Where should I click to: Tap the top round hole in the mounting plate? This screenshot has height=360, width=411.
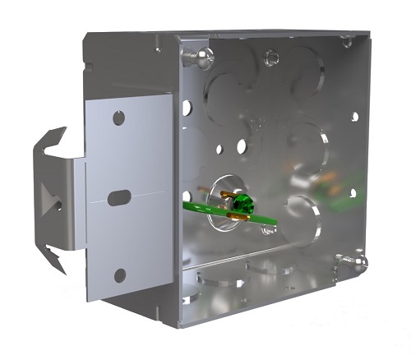tap(120, 118)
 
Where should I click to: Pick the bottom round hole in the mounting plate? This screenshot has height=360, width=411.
tap(121, 275)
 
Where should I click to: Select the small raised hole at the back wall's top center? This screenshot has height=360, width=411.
tap(270, 58)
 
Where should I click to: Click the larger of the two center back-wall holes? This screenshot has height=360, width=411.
tap(242, 147)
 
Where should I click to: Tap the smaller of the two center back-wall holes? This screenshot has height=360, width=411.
tap(220, 150)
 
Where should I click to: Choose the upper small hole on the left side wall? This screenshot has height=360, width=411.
tap(188, 107)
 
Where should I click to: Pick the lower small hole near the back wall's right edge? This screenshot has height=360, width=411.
tap(353, 193)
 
